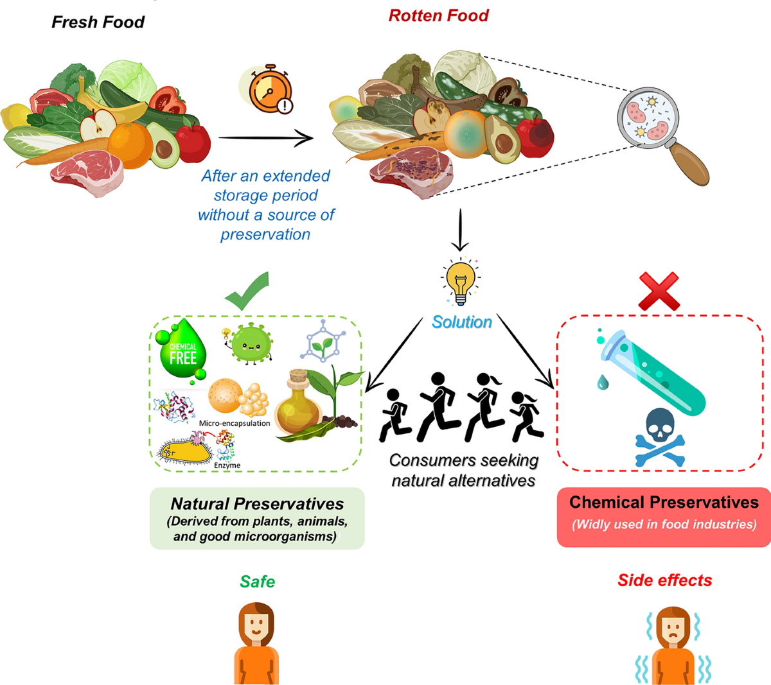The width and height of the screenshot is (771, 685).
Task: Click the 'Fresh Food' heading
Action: (x=98, y=22)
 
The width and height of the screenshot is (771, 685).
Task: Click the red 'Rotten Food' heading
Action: (x=438, y=16)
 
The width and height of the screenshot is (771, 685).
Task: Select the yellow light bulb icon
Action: (x=460, y=281)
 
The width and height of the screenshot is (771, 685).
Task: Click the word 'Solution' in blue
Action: (x=461, y=322)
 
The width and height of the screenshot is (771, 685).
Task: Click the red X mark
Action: (x=659, y=291)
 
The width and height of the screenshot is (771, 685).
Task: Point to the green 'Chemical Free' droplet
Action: (x=182, y=352)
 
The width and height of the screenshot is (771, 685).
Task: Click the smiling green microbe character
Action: (x=250, y=343)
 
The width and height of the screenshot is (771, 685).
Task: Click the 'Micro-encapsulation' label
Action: (x=235, y=424)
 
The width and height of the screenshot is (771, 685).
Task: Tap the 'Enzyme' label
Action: (x=227, y=465)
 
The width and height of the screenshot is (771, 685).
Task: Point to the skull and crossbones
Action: (x=660, y=437)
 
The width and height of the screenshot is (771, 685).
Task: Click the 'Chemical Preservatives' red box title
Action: (x=664, y=502)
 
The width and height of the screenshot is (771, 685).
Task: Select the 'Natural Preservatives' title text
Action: (x=257, y=504)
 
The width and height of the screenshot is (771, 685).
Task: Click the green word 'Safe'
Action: (x=257, y=582)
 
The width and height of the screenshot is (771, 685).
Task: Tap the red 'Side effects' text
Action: (x=664, y=580)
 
